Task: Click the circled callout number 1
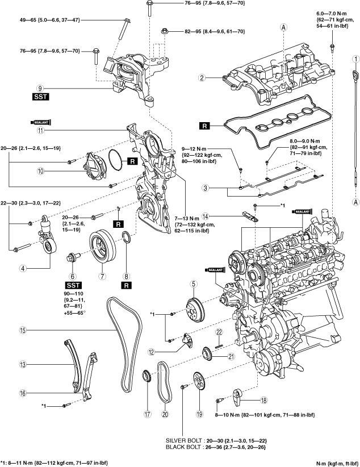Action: [x=355, y=59]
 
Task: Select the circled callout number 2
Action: [x=202, y=78]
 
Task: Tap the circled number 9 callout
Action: [x=40, y=88]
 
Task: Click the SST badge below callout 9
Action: [x=40, y=97]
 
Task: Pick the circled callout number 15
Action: [x=23, y=330]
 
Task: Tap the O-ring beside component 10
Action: [x=116, y=160]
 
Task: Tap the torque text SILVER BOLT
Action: [x=182, y=440]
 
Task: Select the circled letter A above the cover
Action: [x=283, y=27]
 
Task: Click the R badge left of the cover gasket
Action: [x=204, y=126]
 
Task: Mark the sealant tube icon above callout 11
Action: [x=41, y=122]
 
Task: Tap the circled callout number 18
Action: [x=263, y=401]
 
